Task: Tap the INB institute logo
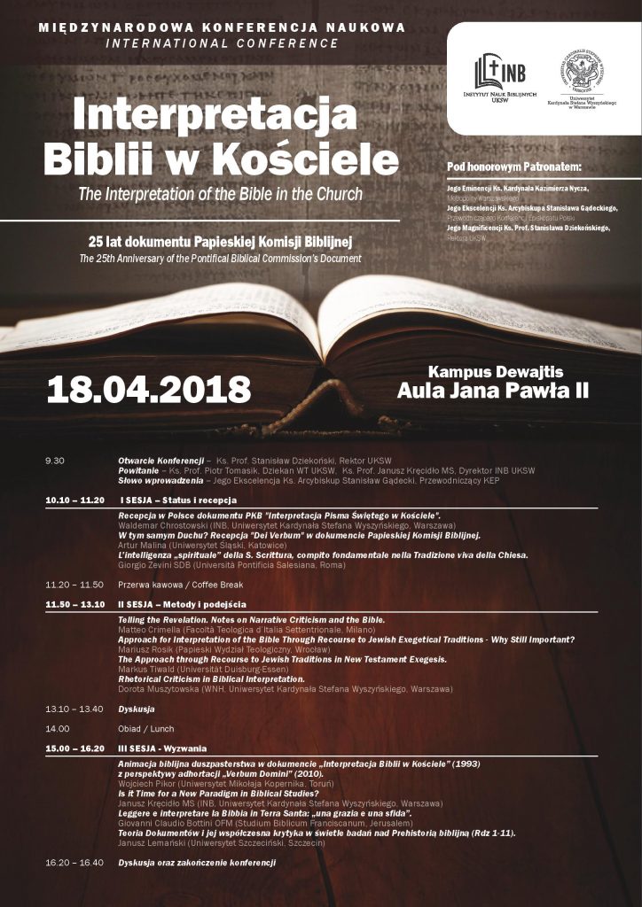[x=499, y=78]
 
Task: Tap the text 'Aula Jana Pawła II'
[x=493, y=390]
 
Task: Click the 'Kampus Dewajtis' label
[x=496, y=371]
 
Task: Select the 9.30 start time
[x=55, y=461]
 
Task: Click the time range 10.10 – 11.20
[x=74, y=500]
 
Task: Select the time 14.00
[x=58, y=728]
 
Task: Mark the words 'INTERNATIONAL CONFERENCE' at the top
[x=222, y=43]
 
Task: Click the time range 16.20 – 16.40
[x=74, y=861]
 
